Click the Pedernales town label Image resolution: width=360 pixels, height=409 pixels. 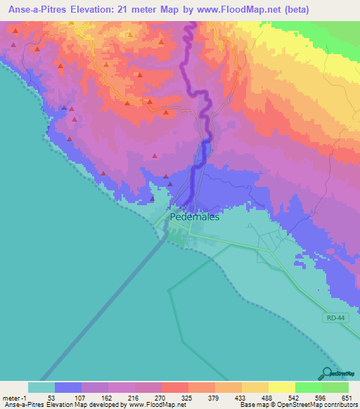(x=195, y=217)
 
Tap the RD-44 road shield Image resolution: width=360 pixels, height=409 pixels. (x=335, y=318)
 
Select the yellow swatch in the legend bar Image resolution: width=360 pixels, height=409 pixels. (x=281, y=387)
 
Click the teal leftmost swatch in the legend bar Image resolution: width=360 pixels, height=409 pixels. (x=41, y=387)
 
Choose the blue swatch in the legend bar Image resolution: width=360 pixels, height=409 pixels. (x=68, y=387)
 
